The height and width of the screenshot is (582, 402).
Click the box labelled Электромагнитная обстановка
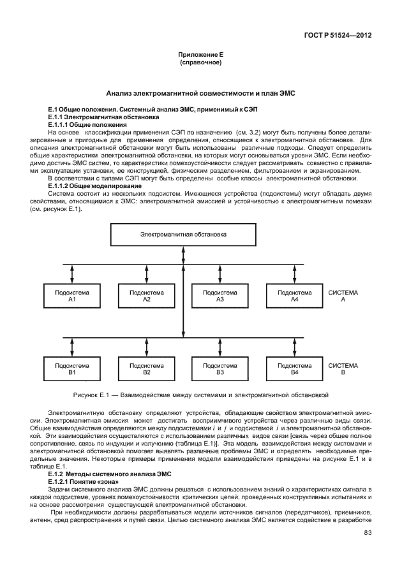pyautogui.click(x=183, y=235)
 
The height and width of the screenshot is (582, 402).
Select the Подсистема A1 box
pyautogui.click(x=72, y=296)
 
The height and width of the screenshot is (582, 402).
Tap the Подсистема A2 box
pyautogui.click(x=146, y=296)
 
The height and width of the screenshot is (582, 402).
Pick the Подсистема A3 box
pyautogui.click(x=220, y=296)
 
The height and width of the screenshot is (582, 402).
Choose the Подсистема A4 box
pyautogui.click(x=294, y=296)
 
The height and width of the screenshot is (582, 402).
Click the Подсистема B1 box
pyautogui.click(x=72, y=368)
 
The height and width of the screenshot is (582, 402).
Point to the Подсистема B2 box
pyautogui.click(x=146, y=368)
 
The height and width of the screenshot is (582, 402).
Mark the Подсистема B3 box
pyautogui.click(x=220, y=368)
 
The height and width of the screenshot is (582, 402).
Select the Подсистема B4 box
pyautogui.click(x=294, y=368)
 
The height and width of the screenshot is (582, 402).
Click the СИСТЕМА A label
pyautogui.click(x=343, y=296)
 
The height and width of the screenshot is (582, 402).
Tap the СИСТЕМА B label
pyautogui.click(x=343, y=368)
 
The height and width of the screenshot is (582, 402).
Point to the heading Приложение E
pyautogui.click(x=200, y=56)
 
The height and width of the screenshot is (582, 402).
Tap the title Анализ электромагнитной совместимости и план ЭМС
pyautogui.click(x=200, y=93)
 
